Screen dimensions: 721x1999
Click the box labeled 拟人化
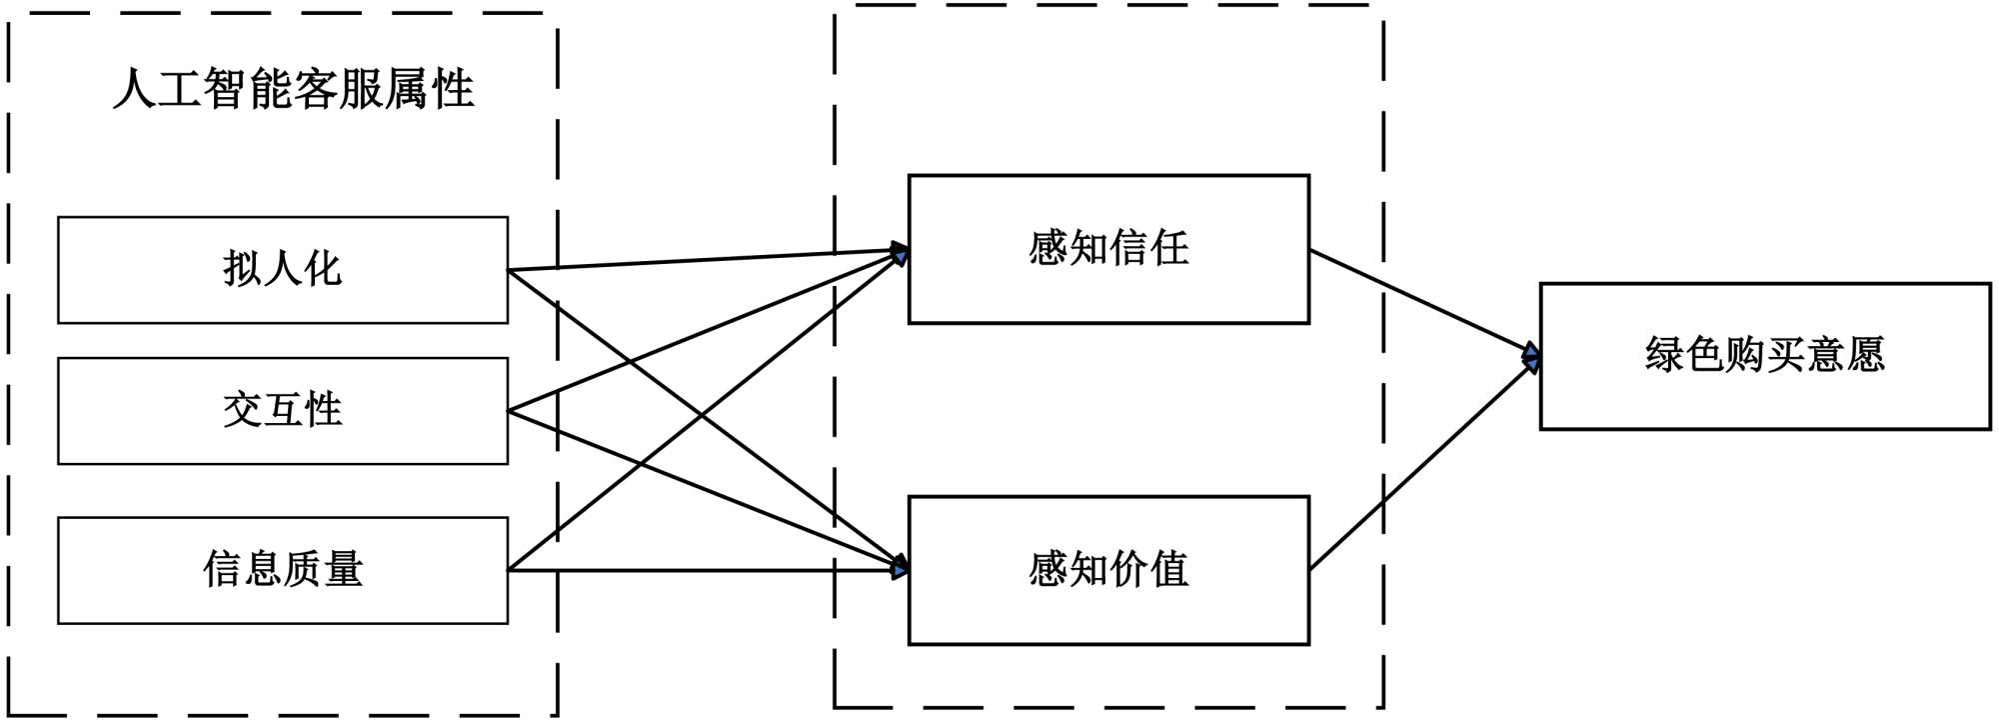(283, 270)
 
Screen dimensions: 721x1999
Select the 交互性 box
(283, 411)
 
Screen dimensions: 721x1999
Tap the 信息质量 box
(283, 570)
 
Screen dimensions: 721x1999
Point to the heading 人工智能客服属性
(294, 89)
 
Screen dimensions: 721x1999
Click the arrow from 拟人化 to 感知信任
(700, 260)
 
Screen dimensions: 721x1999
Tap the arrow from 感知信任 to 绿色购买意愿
(1419, 299)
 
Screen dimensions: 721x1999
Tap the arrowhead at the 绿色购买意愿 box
(1530, 357)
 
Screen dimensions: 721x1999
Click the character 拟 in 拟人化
(242, 269)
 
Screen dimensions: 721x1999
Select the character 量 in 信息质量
(343, 569)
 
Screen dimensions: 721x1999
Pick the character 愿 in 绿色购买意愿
(1865, 355)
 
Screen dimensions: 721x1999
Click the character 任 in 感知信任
(1169, 248)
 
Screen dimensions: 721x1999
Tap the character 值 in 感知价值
(1169, 569)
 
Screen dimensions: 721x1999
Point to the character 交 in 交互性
(242, 410)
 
